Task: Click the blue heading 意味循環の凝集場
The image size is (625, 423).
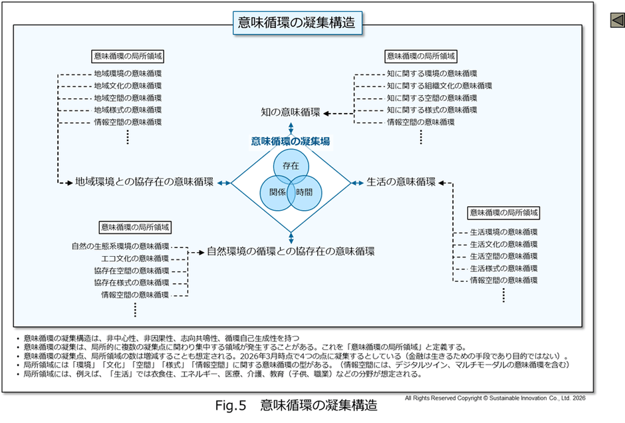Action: pyautogui.click(x=291, y=141)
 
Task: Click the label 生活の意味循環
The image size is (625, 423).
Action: pyautogui.click(x=401, y=182)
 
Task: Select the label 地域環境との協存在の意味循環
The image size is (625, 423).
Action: pyautogui.click(x=144, y=182)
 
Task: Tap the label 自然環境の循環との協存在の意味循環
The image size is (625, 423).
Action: pyautogui.click(x=291, y=251)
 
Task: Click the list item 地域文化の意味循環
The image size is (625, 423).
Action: pyautogui.click(x=128, y=86)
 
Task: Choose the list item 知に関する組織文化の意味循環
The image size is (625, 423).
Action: pyautogui.click(x=439, y=86)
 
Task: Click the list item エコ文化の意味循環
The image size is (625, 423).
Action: pyautogui.click(x=135, y=258)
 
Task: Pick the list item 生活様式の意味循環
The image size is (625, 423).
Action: pyautogui.click(x=503, y=269)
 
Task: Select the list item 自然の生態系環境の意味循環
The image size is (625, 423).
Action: pyautogui.click(x=120, y=246)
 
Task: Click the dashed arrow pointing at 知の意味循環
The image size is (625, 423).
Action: pyautogui.click(x=339, y=113)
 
